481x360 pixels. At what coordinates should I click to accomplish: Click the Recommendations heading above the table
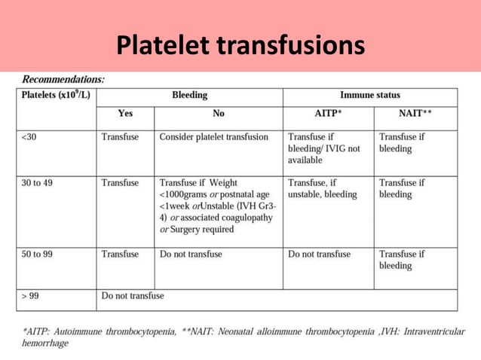tap(63, 78)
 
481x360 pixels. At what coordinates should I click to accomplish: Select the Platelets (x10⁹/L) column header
tap(57, 96)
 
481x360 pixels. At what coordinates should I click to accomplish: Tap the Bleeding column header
tap(189, 96)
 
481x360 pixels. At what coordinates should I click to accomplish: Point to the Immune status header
tap(370, 96)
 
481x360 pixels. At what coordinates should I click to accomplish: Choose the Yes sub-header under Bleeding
tap(125, 114)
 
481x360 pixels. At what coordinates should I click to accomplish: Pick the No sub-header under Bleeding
tap(219, 114)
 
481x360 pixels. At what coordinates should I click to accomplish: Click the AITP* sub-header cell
tap(328, 114)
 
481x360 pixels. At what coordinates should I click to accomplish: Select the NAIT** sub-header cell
tap(415, 114)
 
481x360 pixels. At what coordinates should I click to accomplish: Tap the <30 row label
tap(29, 137)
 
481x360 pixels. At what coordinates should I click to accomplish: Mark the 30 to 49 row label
tap(37, 182)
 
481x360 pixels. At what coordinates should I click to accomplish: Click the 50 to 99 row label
tap(37, 255)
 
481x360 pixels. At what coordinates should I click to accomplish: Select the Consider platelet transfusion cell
tap(214, 137)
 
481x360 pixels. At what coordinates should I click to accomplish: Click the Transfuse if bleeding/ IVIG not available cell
tap(323, 148)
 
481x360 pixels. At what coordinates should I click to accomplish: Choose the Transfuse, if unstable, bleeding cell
tap(322, 188)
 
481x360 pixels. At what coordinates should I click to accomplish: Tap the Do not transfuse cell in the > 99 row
tap(133, 296)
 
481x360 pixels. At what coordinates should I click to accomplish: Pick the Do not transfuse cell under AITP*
tap(319, 255)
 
